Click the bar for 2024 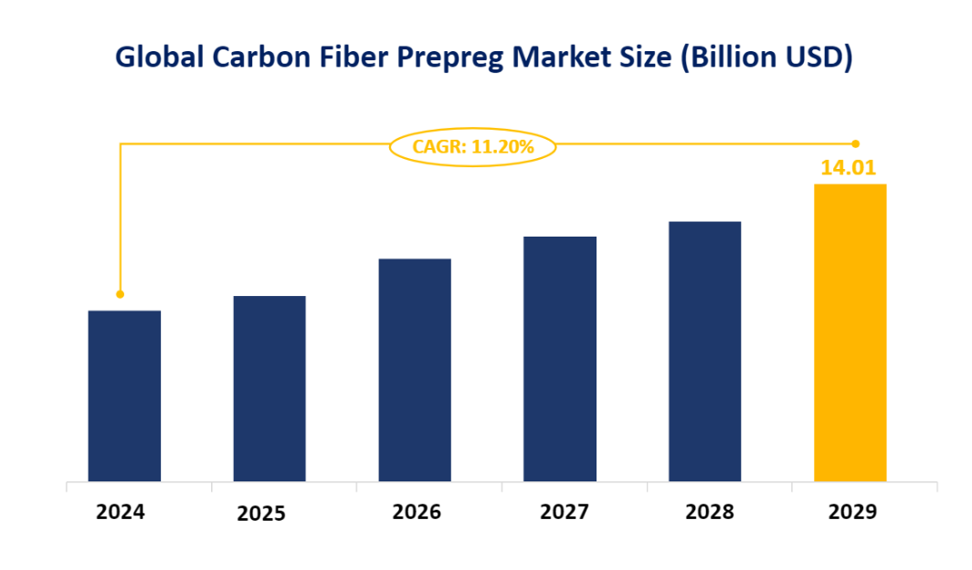[124, 396]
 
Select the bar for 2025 [269, 388]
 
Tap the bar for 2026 [415, 370]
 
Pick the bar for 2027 [560, 359]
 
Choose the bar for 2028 [704, 351]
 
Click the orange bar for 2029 [850, 332]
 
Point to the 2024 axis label [121, 512]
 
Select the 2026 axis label [417, 512]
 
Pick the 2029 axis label [852, 512]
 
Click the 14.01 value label [850, 167]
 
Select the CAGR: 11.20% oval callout [472, 145]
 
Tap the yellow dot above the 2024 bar [120, 294]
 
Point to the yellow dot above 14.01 [856, 143]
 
